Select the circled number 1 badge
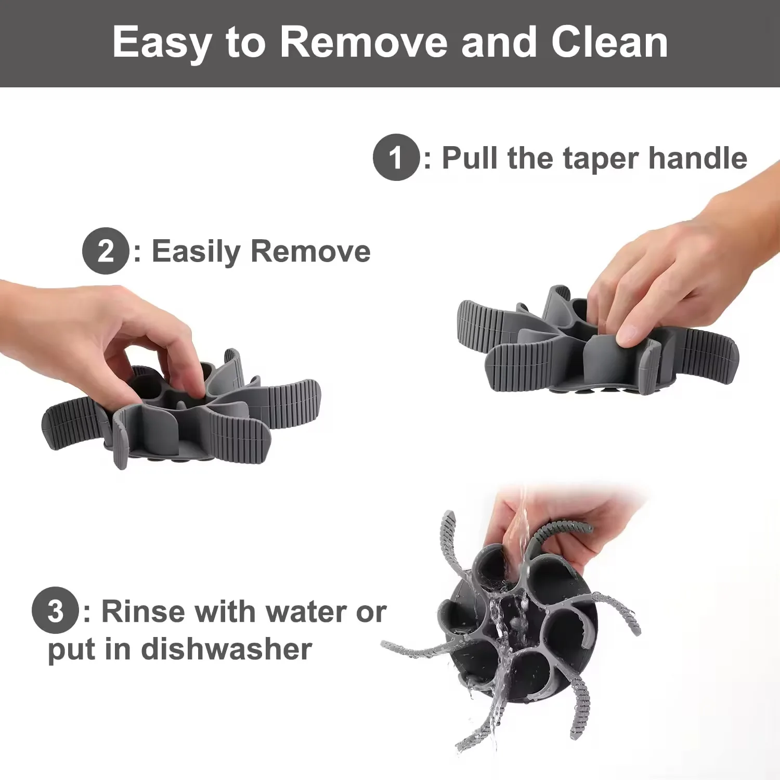396,157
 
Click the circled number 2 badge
106,251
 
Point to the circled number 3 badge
55,610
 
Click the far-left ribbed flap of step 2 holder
73,422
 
